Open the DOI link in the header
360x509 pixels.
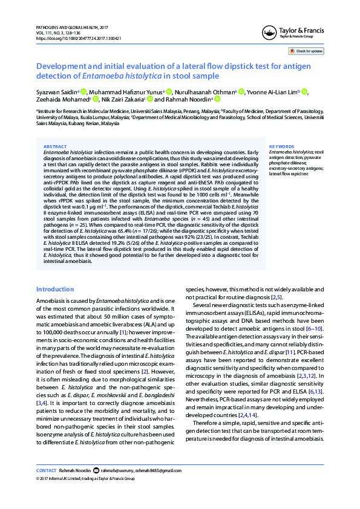79,38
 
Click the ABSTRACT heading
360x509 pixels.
56,146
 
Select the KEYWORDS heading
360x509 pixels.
280,146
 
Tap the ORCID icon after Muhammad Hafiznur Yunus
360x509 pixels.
169,91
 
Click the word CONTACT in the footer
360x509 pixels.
47,470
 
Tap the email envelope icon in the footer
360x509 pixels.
97,470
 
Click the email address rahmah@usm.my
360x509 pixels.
115,470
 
